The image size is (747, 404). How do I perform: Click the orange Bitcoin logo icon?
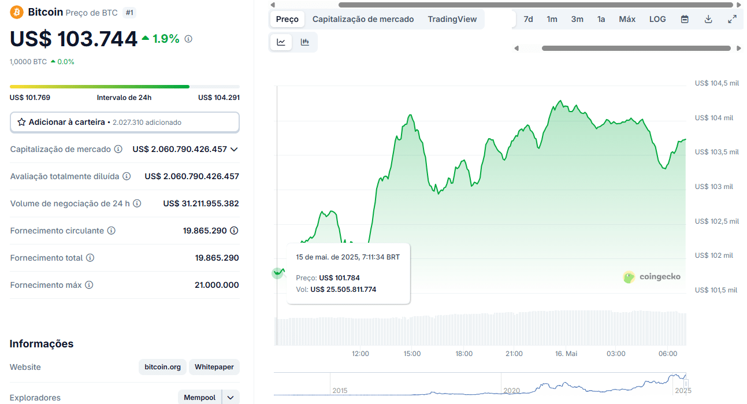pos(17,12)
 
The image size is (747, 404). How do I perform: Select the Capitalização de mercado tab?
pos(363,19)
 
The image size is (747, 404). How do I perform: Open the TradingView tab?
pos(452,19)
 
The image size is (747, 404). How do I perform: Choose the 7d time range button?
pos(528,19)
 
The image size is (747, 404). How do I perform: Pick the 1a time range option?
pos(601,19)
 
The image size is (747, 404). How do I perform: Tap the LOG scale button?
pos(657,19)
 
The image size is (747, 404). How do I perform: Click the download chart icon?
pos(708,19)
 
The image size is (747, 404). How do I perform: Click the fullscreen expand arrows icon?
pos(732,19)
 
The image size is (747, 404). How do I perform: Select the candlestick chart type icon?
pos(305,42)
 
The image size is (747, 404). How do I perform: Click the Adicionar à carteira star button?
pos(124,123)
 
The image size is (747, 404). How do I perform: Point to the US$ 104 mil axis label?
pos(713,118)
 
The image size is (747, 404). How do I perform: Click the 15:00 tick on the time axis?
pos(412,354)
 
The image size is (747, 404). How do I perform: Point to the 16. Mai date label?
pos(566,354)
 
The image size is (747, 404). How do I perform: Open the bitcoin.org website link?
pos(162,367)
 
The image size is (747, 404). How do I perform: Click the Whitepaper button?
pos(214,367)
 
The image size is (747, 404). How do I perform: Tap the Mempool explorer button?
pos(199,398)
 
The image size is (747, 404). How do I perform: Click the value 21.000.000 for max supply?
pos(217,285)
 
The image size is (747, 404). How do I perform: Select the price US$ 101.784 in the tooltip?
pos(339,278)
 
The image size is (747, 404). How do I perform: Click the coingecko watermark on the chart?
pos(652,277)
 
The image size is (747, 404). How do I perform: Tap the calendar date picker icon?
pos(685,19)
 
